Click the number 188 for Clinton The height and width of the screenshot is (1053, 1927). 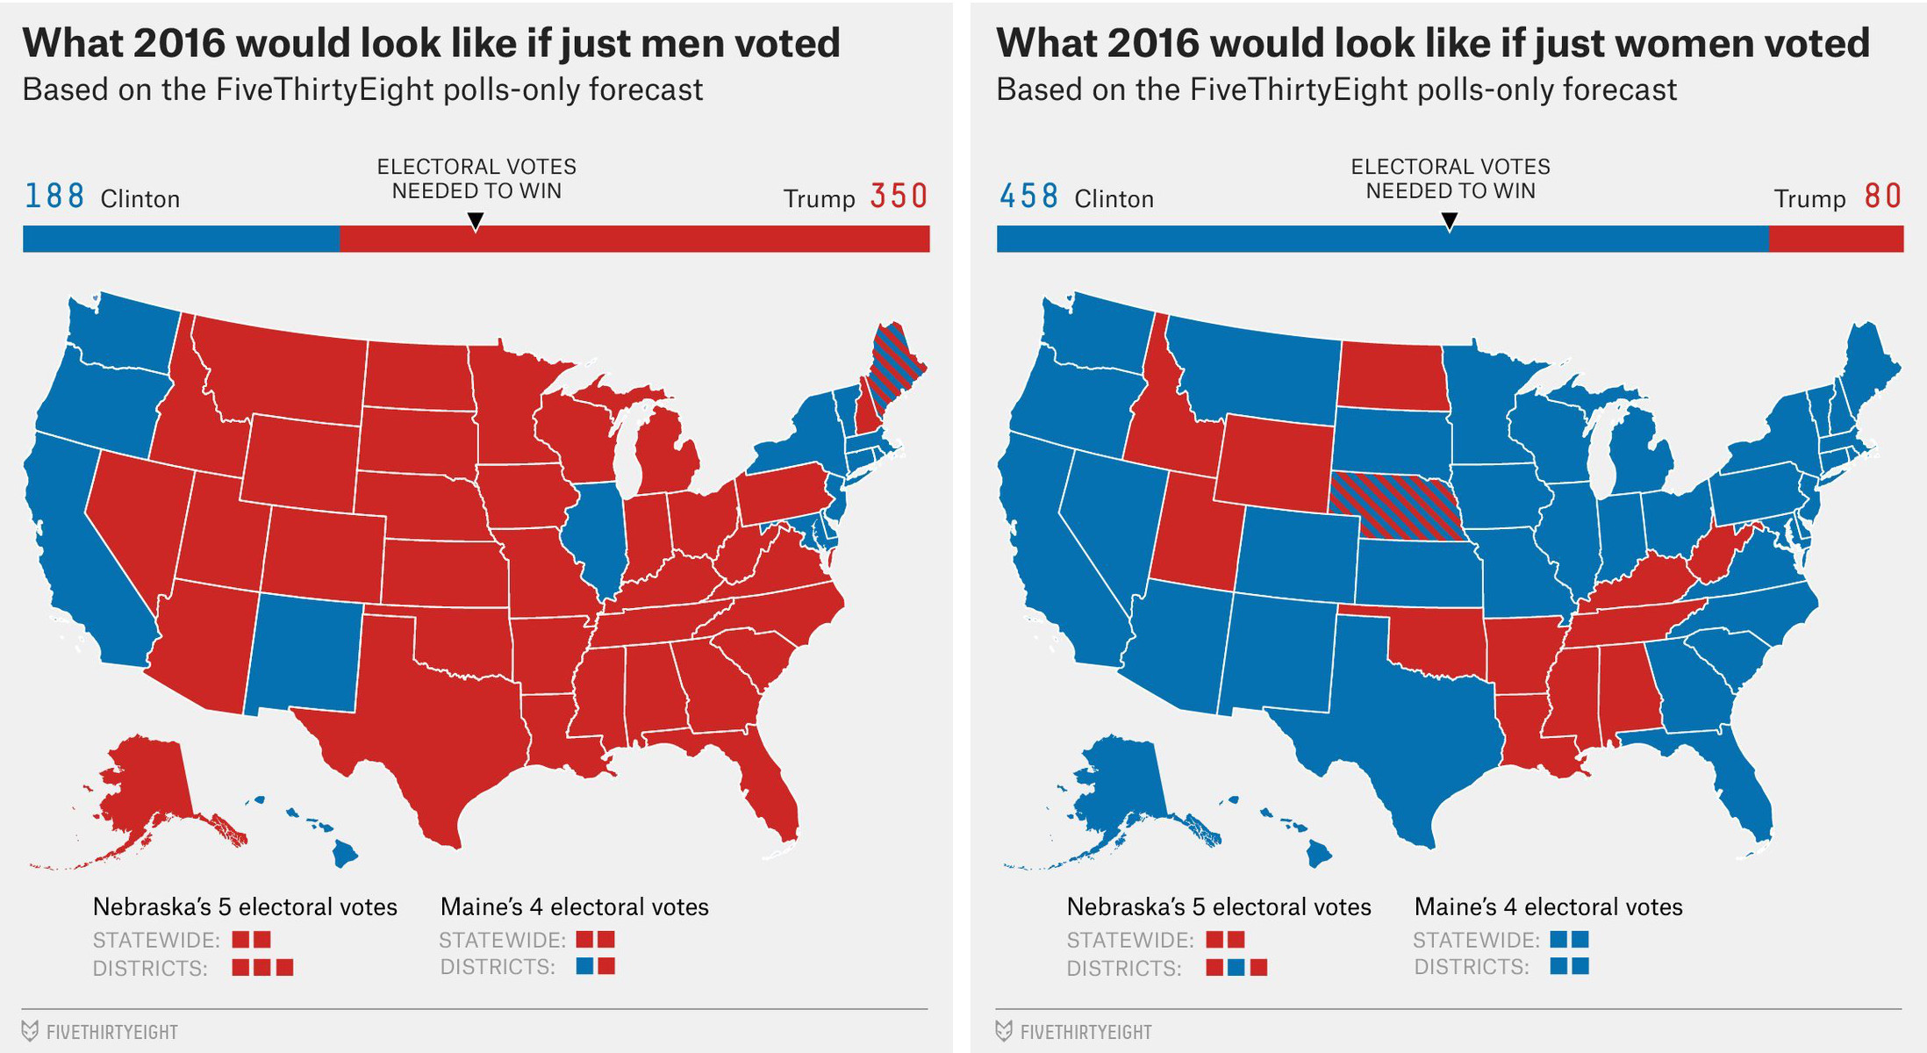pyautogui.click(x=54, y=197)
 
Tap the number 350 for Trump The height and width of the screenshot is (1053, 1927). pyautogui.click(x=899, y=197)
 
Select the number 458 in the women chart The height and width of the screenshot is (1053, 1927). pyautogui.click(x=1028, y=197)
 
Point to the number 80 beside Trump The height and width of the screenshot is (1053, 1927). pyautogui.click(x=1882, y=197)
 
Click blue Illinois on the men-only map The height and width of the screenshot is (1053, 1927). pyautogui.click(x=597, y=535)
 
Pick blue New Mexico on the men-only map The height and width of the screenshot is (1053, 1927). pyautogui.click(x=305, y=654)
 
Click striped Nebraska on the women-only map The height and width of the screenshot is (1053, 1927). pyautogui.click(x=1395, y=506)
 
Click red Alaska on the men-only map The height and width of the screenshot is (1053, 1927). pyautogui.click(x=149, y=781)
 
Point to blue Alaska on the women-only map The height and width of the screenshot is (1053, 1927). pyautogui.click(x=1123, y=781)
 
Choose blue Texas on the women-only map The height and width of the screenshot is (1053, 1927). pyautogui.click(x=1413, y=737)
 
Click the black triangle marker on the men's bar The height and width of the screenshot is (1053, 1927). pyautogui.click(x=476, y=222)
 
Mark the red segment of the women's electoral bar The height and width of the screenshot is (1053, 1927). pyautogui.click(x=1836, y=239)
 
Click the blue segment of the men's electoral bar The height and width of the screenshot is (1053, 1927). pyautogui.click(x=180, y=239)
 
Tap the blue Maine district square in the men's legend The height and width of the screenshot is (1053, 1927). pyautogui.click(x=584, y=966)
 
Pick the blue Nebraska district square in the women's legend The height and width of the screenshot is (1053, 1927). pyautogui.click(x=1236, y=968)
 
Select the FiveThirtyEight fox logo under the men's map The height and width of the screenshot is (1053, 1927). pyautogui.click(x=30, y=1031)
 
